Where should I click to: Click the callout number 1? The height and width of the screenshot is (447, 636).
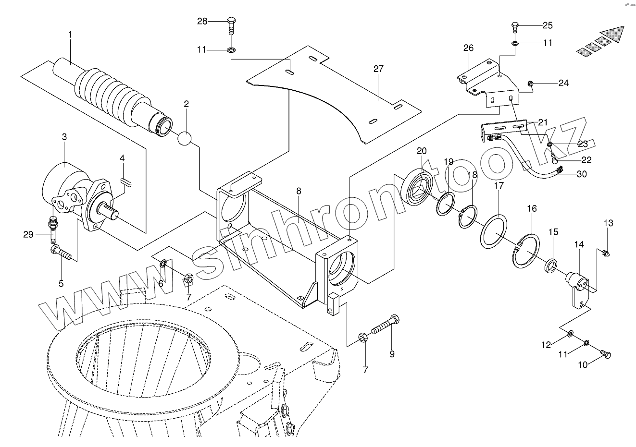tap(70, 35)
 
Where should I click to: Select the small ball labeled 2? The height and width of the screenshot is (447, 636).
tap(185, 138)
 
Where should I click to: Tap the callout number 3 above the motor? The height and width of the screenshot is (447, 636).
tap(64, 137)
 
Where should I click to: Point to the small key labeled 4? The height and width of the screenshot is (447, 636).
tap(125, 181)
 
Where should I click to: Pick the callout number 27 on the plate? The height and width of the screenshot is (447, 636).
tap(378, 69)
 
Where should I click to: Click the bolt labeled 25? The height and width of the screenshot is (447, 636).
tap(514, 26)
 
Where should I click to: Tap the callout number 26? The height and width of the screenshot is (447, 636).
tap(469, 48)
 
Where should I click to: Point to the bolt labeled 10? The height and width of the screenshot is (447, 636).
tap(606, 354)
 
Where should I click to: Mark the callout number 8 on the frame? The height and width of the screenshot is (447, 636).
tap(299, 191)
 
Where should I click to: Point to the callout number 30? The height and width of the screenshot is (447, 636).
tap(581, 175)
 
